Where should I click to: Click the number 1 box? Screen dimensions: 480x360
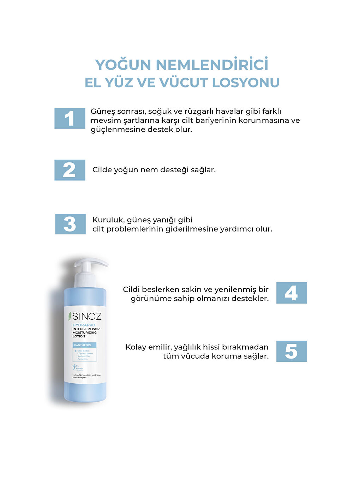70,118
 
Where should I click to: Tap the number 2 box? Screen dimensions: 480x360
70,170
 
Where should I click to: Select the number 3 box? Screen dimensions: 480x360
70,224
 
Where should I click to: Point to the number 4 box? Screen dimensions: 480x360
291,293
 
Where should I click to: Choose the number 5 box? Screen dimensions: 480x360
291,351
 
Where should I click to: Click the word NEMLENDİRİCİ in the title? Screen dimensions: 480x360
212,65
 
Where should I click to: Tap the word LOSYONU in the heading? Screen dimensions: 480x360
246,83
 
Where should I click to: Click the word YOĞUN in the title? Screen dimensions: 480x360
123,65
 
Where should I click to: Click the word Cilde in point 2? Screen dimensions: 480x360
102,170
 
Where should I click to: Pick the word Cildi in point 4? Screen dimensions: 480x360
131,289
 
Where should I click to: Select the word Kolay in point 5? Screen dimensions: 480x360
136,347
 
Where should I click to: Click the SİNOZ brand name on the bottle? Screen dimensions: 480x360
87,316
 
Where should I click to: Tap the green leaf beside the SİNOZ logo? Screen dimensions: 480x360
70,316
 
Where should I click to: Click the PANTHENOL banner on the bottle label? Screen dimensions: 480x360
83,345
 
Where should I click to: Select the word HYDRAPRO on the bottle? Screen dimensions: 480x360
84,325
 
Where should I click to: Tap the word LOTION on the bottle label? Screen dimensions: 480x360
79,336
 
